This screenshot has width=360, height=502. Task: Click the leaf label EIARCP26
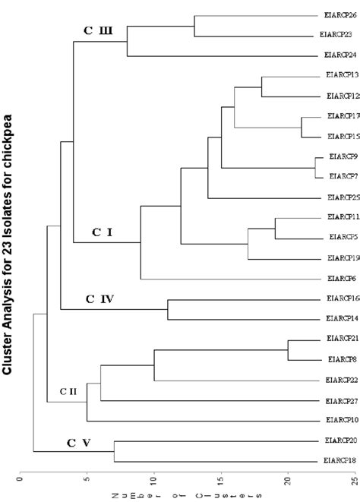(x=339, y=14)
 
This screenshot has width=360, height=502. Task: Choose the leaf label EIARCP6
(x=339, y=279)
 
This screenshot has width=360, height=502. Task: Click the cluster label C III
(x=98, y=30)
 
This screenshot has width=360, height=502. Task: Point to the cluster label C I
(x=103, y=212)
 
